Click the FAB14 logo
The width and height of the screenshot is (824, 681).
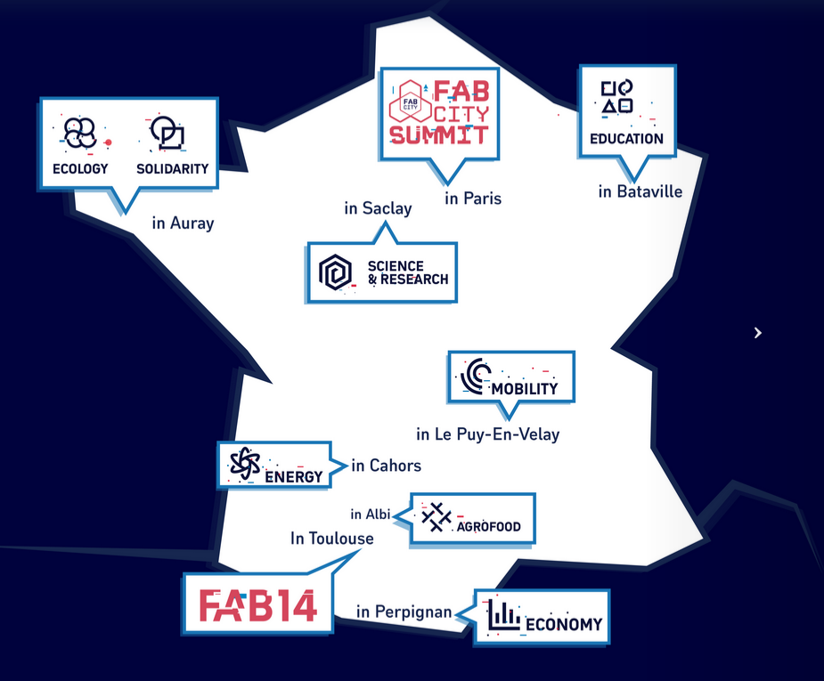258,605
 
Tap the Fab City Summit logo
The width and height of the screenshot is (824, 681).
439,112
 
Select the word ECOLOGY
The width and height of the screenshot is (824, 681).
80,168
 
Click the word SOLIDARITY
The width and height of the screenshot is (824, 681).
172,168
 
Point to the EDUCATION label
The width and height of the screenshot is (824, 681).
626,139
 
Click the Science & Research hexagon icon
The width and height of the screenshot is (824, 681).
335,272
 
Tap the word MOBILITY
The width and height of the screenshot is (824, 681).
525,388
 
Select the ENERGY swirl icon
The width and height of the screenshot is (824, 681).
245,464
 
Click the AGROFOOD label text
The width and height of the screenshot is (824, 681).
489,526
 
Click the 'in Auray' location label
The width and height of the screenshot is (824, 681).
183,223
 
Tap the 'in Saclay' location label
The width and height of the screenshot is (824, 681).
378,208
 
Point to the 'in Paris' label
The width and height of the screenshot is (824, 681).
473,199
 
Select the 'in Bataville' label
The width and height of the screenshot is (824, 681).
640,191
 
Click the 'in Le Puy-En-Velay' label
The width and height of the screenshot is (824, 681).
487,434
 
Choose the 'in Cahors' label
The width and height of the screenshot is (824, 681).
387,466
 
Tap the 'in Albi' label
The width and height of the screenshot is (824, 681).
371,514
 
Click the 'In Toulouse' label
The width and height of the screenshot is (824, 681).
332,539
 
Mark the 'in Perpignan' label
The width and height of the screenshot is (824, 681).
404,612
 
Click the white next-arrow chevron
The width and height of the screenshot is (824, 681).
758,333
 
